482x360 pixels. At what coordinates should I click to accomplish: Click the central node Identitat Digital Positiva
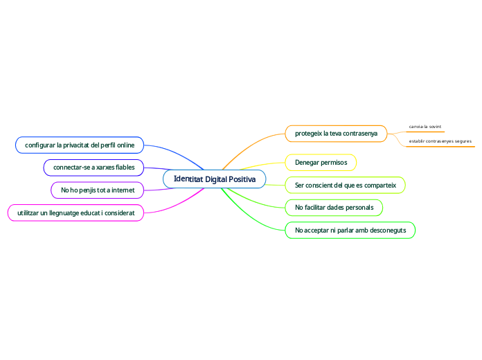214,179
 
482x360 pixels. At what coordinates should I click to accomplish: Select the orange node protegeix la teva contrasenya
336,134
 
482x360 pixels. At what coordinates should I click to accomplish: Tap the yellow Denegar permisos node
321,162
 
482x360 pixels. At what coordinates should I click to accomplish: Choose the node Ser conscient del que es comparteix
345,185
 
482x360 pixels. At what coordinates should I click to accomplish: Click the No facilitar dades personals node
334,208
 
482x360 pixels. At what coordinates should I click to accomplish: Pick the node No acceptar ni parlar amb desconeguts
350,231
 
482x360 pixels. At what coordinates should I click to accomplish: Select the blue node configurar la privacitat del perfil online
80,145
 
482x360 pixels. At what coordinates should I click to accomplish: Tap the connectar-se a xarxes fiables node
93,168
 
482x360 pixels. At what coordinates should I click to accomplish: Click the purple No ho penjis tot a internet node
98,190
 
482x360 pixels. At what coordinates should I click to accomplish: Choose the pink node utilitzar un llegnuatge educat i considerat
75,213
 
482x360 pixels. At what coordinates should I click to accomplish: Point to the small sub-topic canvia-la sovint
425,127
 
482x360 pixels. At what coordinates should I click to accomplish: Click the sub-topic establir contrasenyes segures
440,141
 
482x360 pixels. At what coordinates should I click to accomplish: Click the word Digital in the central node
216,179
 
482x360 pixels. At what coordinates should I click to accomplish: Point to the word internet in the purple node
123,190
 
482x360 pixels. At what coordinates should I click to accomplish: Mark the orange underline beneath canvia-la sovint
425,132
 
